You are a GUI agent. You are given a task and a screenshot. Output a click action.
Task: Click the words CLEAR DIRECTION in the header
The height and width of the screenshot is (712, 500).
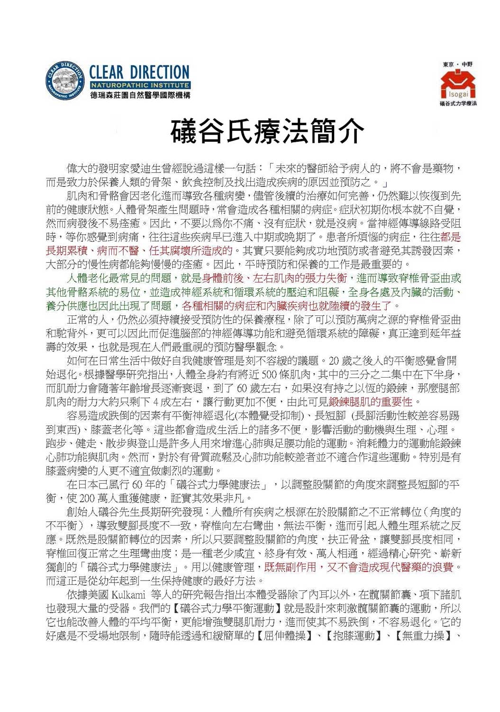[x=139, y=73]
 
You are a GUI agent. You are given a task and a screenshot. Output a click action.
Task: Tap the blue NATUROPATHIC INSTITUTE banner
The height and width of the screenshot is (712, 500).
[x=139, y=85]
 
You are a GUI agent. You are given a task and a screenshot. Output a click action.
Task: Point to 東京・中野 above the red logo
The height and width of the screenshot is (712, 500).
[x=457, y=64]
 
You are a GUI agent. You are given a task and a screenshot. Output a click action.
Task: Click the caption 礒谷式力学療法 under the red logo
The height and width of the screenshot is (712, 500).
[x=458, y=103]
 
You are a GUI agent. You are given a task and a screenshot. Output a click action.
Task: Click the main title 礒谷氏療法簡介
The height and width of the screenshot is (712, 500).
[x=268, y=131]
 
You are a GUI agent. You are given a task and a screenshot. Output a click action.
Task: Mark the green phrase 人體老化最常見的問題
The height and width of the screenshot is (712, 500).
[x=120, y=278]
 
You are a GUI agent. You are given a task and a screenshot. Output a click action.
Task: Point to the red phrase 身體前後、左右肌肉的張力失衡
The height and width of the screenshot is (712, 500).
[x=275, y=278]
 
